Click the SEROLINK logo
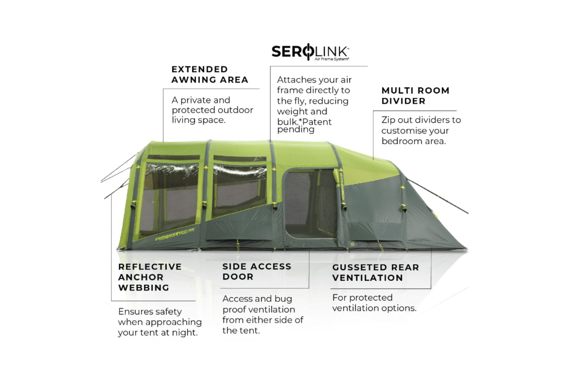tap(310, 52)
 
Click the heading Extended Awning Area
tap(210, 74)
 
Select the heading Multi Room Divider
tap(415, 95)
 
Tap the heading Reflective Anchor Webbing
tap(149, 277)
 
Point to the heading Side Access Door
tap(256, 272)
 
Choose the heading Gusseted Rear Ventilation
tap(375, 272)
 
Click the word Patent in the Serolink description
tap(317, 122)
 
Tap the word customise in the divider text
tap(406, 131)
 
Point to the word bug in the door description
tap(283, 299)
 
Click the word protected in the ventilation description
tap(371, 298)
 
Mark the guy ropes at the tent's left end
tap(118, 177)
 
